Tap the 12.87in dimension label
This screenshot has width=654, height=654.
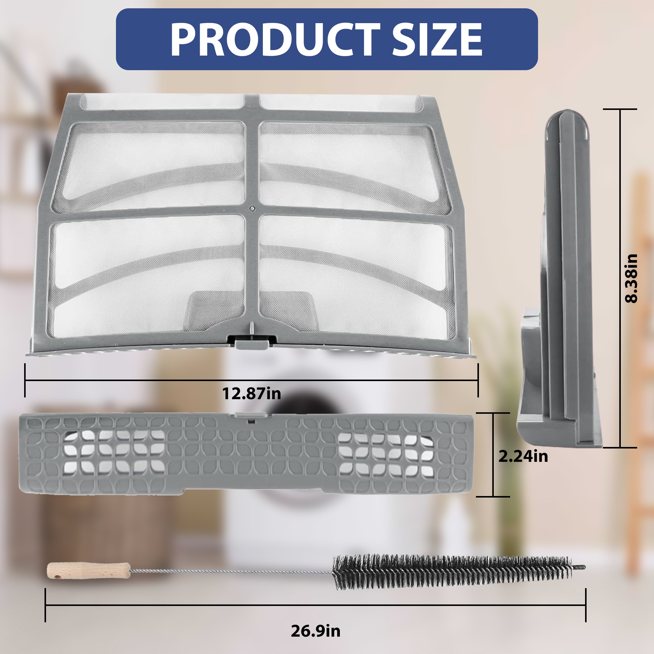pos(252,394)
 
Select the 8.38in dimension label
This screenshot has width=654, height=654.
pos(631,278)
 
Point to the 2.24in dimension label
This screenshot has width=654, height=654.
pos(523,456)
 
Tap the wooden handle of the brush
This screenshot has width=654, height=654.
pos(88,571)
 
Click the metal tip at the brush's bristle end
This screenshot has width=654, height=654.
pos(579,567)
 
